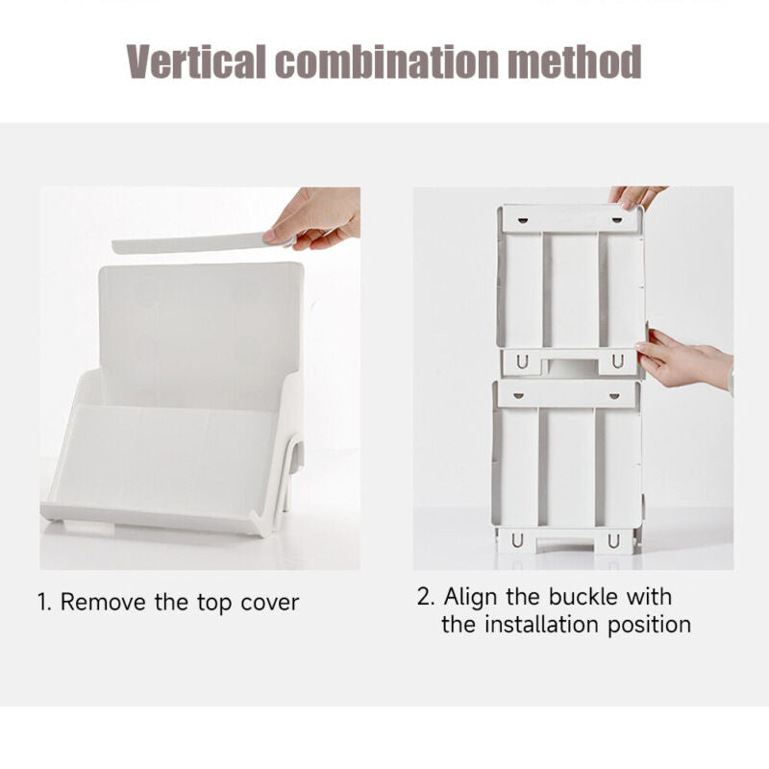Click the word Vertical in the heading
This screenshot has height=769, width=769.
196,62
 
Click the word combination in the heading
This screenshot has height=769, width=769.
387,62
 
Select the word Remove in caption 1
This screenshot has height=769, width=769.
103,602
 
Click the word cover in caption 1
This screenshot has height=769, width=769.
270,604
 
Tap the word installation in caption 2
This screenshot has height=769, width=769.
542,624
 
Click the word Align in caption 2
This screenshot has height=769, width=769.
471,597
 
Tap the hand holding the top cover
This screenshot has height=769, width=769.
314,218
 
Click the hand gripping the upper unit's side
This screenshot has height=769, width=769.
684,359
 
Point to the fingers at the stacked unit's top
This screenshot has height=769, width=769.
635,196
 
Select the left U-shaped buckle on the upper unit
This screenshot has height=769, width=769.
522,362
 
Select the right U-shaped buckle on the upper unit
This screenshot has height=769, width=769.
618,361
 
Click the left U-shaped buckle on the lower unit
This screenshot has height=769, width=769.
517,540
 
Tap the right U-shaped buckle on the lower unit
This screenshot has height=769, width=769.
613,540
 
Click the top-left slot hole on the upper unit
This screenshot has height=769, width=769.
524,220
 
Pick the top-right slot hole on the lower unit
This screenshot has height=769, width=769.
614,396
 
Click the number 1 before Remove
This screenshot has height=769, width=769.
43,603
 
